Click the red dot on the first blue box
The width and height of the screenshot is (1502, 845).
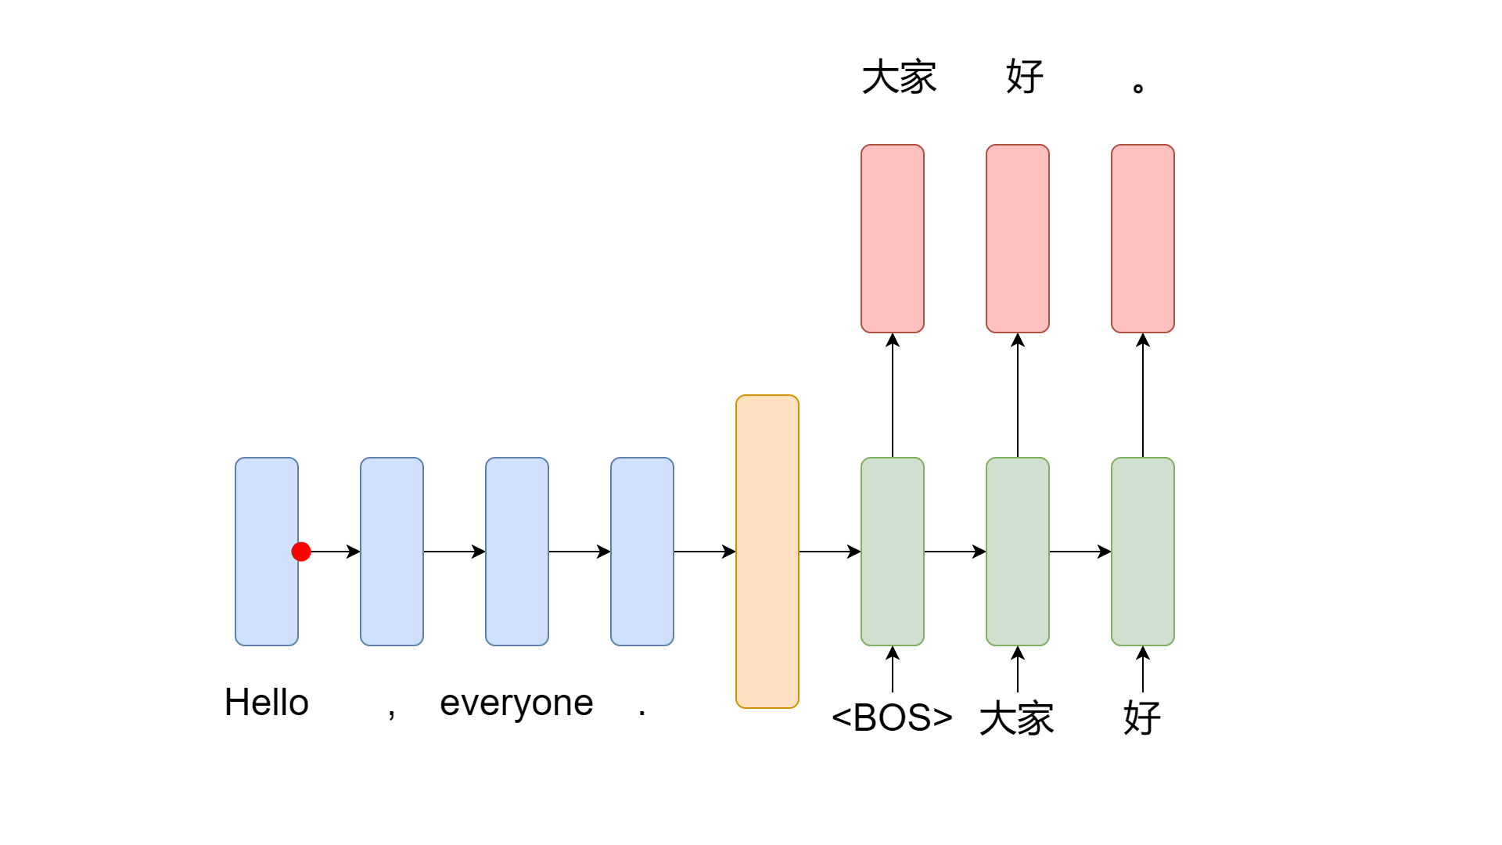(x=301, y=552)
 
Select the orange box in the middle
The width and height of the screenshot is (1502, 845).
(x=767, y=552)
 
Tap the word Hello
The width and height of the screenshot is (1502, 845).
(x=267, y=703)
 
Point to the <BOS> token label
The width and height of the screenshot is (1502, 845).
(x=892, y=718)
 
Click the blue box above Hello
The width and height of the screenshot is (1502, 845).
(x=267, y=552)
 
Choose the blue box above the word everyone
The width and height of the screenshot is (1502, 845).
(x=517, y=552)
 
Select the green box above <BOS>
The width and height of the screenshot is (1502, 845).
(x=893, y=552)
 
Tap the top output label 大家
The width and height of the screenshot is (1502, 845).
(x=900, y=77)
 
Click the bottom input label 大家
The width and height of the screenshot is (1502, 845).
(x=1017, y=718)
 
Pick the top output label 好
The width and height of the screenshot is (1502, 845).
(x=1025, y=77)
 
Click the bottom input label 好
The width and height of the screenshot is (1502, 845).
(x=1142, y=718)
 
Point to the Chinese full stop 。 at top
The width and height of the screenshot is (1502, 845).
(x=1138, y=88)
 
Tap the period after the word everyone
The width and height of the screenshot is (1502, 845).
(x=642, y=713)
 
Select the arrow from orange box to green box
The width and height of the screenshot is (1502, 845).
(x=830, y=552)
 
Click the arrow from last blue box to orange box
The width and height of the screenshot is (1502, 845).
(x=705, y=552)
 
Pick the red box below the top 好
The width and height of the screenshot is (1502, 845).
(x=1018, y=239)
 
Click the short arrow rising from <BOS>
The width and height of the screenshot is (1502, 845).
(x=893, y=669)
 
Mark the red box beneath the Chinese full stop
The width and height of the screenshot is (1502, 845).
(x=1143, y=239)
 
